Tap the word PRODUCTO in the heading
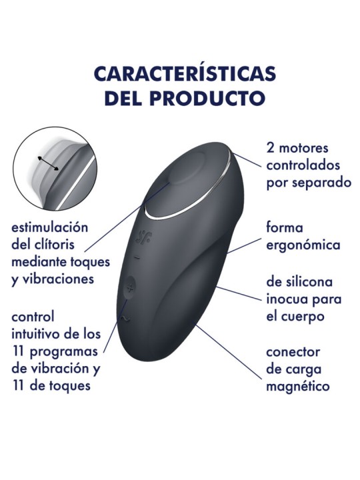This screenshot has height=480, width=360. coord(207,97)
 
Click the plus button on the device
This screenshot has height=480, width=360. coord(131,288)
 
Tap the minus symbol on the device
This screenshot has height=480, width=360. coord(137,258)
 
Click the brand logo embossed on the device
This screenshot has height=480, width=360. coord(143,236)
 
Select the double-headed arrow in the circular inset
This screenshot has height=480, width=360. coord(48,163)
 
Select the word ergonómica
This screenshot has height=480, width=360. coord(303,245)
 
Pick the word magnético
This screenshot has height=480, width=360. coord(297,387)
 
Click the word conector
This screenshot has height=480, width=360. coord(293,352)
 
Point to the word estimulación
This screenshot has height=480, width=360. coord(49,228)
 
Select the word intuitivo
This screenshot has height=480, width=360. coord(36,334)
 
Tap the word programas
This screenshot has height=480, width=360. coord(64,352)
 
